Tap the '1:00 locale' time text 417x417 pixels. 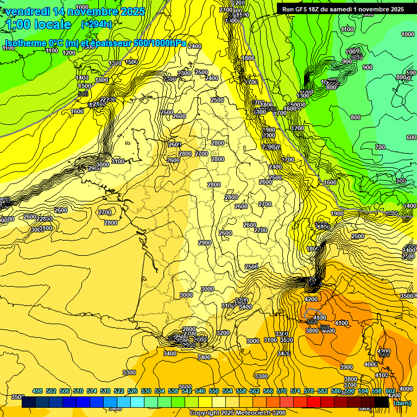coord(39,24)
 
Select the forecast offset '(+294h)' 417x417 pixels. coord(96,24)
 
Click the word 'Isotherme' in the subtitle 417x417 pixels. coord(24,43)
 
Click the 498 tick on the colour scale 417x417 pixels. coord(37,391)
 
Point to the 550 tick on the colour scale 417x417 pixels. coord(214,391)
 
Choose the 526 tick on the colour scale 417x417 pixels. coord(132,391)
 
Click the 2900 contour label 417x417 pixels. coord(205,243)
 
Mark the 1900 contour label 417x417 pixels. coord(337,213)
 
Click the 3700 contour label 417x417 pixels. coord(351,385)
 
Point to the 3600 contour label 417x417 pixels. coord(186,387)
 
